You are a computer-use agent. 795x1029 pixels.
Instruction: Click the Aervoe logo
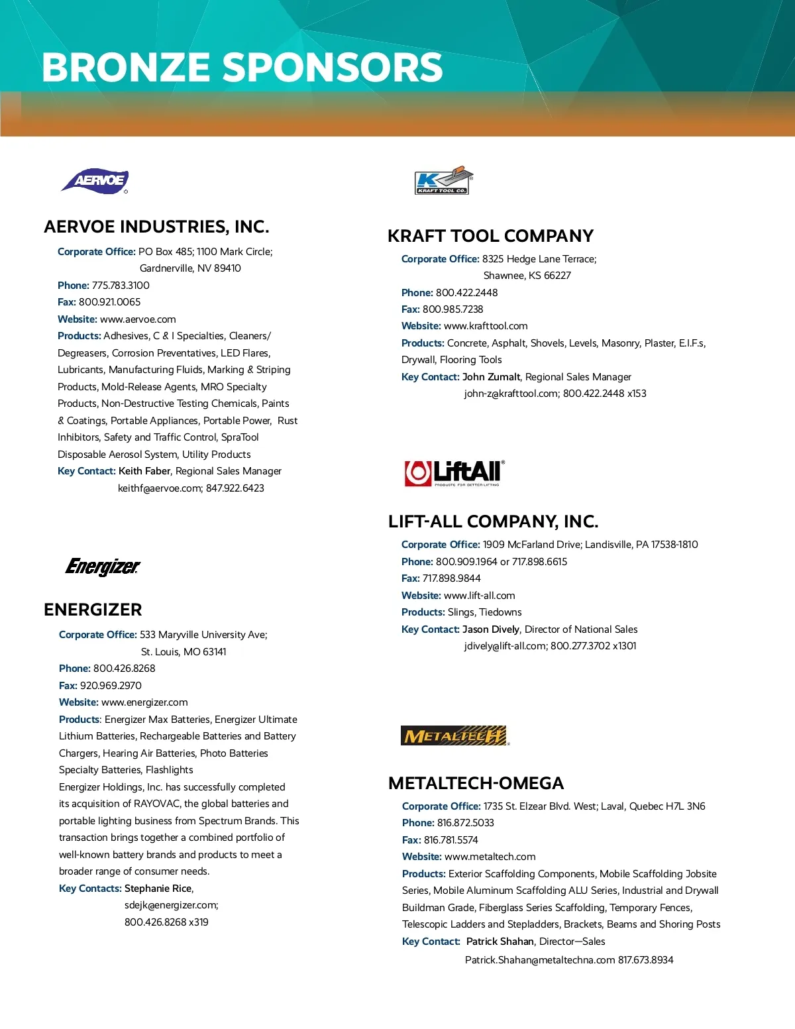(95, 180)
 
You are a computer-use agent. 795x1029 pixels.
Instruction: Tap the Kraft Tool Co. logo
(443, 180)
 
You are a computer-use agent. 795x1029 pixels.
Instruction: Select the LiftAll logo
(454, 472)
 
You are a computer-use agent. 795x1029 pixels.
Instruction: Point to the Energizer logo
(103, 567)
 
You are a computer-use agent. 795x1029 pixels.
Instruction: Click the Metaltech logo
(454, 735)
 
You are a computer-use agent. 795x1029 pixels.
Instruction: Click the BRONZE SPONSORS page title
(242, 68)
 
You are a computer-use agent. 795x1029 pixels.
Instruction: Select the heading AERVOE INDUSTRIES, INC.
(156, 227)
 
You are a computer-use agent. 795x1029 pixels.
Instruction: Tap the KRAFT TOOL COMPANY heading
(490, 236)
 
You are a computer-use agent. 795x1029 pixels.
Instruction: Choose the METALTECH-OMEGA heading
(476, 783)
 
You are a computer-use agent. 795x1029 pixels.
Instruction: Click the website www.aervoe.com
(138, 319)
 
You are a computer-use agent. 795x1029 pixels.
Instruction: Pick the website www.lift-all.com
(479, 596)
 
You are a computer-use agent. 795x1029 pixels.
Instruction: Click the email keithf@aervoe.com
(160, 488)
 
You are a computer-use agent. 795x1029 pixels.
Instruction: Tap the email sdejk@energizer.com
(171, 905)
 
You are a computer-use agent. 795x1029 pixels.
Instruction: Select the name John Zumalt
(491, 377)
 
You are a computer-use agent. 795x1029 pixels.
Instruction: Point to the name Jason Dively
(491, 629)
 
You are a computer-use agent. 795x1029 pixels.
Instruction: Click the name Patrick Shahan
(500, 942)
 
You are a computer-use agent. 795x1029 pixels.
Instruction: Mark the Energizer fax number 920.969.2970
(111, 686)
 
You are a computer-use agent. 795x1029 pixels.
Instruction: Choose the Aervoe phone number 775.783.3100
(121, 286)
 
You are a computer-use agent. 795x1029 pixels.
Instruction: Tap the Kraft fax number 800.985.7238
(452, 309)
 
